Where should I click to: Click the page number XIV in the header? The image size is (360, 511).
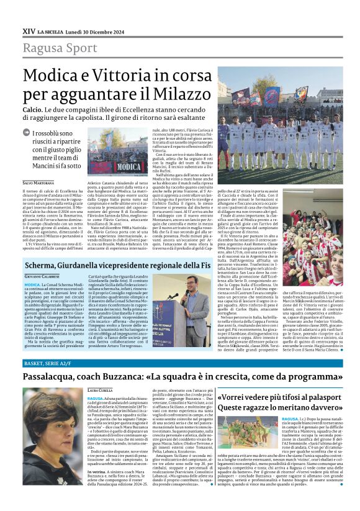[29, 30]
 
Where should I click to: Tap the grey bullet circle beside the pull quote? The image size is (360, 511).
[27, 132]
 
